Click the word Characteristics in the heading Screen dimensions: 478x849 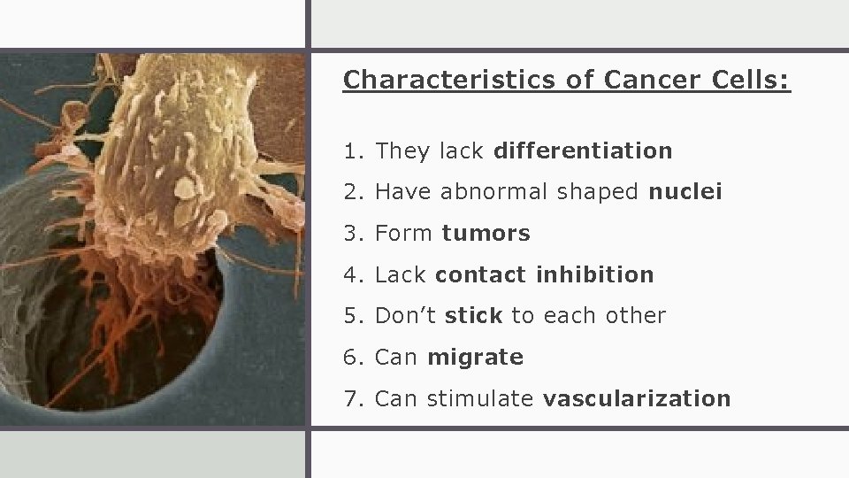(449, 81)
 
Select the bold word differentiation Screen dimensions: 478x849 (583, 151)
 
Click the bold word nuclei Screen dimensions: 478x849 (685, 191)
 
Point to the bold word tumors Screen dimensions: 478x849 (486, 234)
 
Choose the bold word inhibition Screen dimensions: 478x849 (595, 275)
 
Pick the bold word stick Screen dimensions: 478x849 (474, 316)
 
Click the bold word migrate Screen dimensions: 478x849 (475, 358)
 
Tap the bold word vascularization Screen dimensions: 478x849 (637, 399)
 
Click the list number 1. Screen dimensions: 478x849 (352, 151)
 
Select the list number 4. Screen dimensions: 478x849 (352, 275)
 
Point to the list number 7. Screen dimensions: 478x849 (352, 399)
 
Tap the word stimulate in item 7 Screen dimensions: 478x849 (481, 399)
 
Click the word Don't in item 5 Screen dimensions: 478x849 (406, 316)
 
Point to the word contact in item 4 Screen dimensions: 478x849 (482, 275)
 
